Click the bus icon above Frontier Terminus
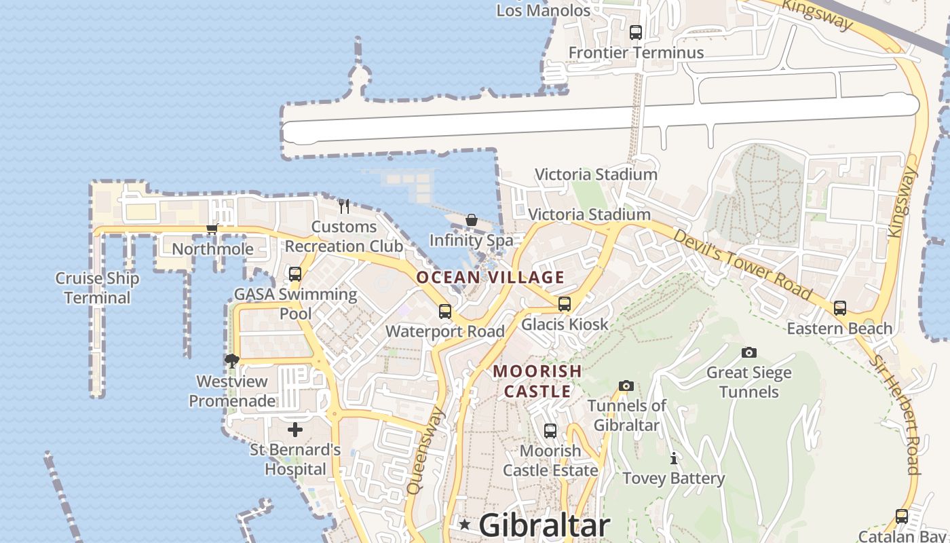636,32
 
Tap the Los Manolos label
544,10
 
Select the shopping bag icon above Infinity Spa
472,220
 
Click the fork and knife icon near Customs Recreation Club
344,206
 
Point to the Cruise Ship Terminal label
97,288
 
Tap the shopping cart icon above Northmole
212,229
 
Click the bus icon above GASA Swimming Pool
295,274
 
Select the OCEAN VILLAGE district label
490,277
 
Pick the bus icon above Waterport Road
445,312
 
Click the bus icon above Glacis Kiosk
565,304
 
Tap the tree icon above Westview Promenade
232,360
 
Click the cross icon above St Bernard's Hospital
295,430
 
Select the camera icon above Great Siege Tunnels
749,352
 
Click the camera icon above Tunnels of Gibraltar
626,386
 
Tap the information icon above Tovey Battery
673,458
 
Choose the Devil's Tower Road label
742,265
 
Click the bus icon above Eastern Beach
840,308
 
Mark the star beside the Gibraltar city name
465,525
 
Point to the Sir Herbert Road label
903,415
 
